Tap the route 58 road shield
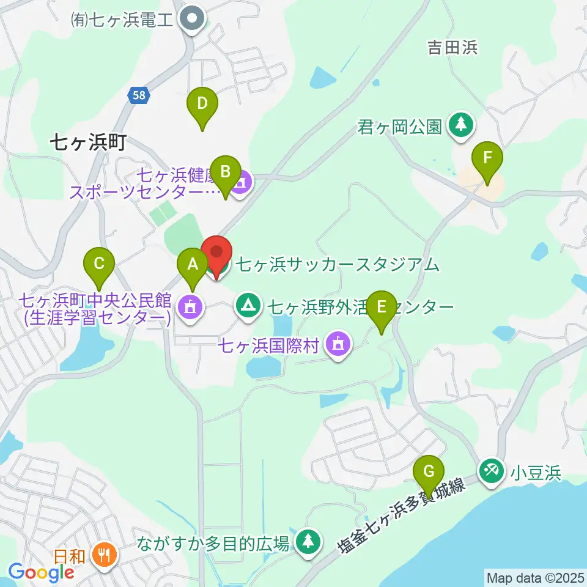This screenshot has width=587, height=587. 139,95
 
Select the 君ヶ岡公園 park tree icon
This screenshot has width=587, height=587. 460,125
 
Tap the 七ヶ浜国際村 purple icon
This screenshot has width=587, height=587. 338,344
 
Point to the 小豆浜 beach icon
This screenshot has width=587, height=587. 491,471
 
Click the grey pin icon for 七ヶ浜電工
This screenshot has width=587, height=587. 192,21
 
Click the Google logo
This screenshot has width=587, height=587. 42,572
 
